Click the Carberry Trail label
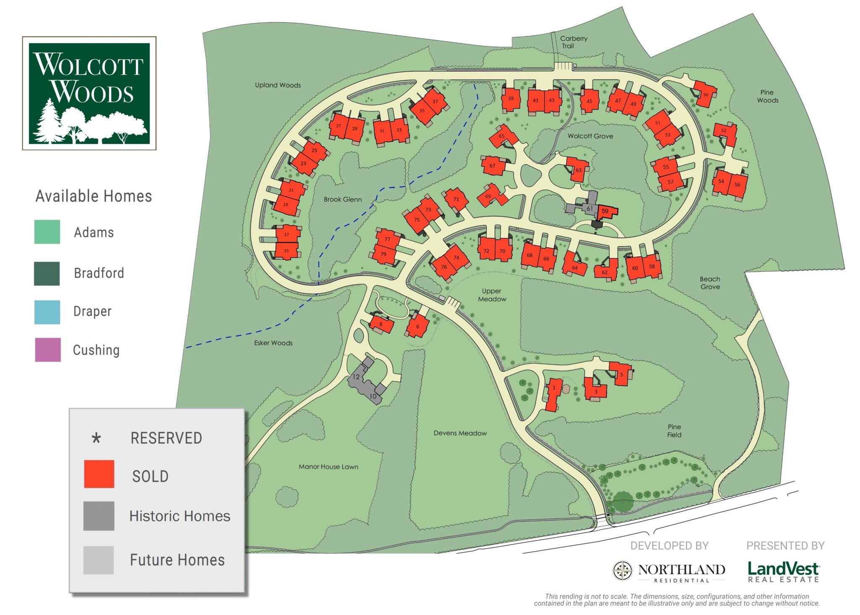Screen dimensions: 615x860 (573, 42)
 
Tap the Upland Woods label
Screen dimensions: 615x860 (278, 85)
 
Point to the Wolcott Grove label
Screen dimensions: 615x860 (590, 136)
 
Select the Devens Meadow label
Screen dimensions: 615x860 (460, 433)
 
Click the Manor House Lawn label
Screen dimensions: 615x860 (328, 467)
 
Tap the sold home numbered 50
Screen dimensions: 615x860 (705, 94)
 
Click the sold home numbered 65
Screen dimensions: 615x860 (502, 136)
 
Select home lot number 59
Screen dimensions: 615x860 (606, 212)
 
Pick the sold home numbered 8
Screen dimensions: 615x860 (381, 324)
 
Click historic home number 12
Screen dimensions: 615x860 (357, 377)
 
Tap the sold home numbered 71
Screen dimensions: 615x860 (456, 199)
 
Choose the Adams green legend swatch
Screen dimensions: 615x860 (47, 232)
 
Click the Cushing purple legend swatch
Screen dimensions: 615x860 (47, 350)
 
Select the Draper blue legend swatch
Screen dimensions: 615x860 (47, 312)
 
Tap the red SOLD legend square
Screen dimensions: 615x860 (99, 474)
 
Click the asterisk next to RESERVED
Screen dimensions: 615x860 (96, 438)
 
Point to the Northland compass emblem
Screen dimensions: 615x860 (622, 571)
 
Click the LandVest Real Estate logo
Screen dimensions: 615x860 (783, 572)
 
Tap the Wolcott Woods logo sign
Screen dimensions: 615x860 (89, 93)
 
